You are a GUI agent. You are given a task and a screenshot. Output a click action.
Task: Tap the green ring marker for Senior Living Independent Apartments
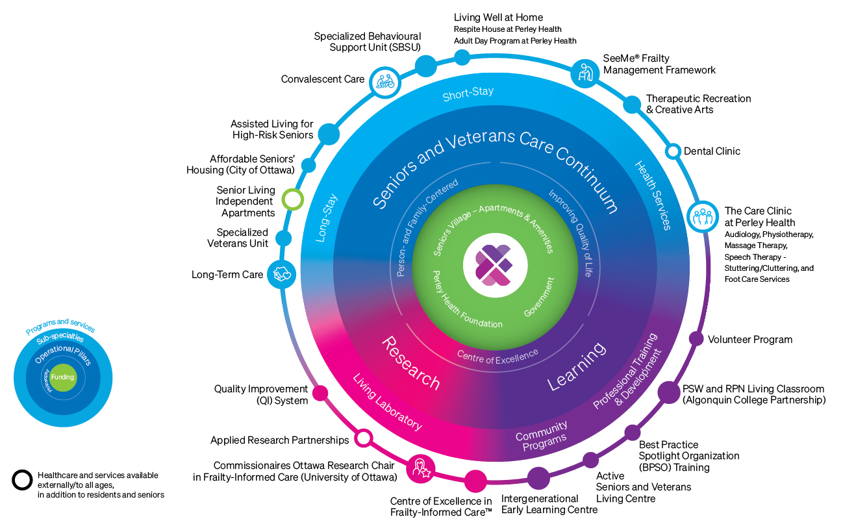pos(294,199)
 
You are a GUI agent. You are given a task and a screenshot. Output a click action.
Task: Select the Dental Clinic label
pos(712,151)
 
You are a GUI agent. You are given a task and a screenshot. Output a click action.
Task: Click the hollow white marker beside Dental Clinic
pos(673,151)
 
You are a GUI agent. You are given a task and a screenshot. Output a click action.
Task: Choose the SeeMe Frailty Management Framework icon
pos(585,73)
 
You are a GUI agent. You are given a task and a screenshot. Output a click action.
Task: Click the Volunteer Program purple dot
pos(696,338)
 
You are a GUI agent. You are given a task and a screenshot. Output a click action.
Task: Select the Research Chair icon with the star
pos(419,469)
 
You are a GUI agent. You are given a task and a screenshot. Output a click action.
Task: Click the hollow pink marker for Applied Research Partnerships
pos(364,438)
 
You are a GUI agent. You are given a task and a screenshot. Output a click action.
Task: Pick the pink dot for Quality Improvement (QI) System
pos(320,393)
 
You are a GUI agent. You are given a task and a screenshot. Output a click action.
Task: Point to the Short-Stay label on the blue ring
pos(468,94)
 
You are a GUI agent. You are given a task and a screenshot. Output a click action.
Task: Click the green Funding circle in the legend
pos(63,377)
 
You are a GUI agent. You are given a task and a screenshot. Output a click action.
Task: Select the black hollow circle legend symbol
pos(21,480)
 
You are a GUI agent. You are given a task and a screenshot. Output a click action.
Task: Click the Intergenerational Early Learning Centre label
pos(549,505)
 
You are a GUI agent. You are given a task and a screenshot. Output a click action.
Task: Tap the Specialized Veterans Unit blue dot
pos(283,238)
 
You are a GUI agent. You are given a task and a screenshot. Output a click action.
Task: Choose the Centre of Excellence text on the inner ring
pos(497,355)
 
